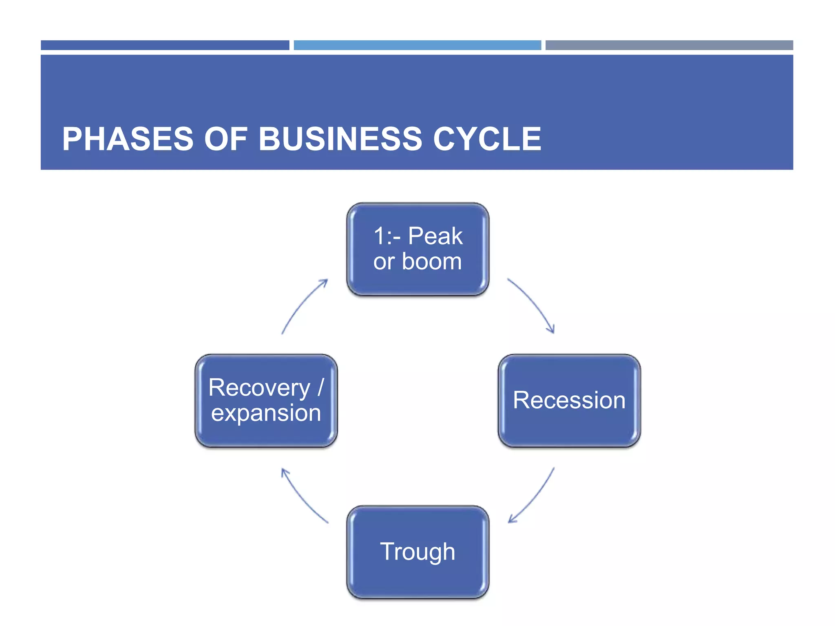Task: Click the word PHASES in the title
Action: click(128, 139)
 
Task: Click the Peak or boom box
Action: click(417, 249)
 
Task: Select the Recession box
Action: click(569, 400)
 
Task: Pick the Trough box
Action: click(417, 552)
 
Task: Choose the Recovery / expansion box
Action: click(266, 400)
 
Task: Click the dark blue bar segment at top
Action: click(165, 45)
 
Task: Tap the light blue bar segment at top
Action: click(417, 45)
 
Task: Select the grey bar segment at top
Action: click(669, 45)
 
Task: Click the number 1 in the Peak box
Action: click(379, 236)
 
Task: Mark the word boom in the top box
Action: click(432, 262)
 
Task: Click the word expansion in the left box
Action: click(266, 413)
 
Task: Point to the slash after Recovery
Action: click(320, 387)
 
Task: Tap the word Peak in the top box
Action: click(435, 236)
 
